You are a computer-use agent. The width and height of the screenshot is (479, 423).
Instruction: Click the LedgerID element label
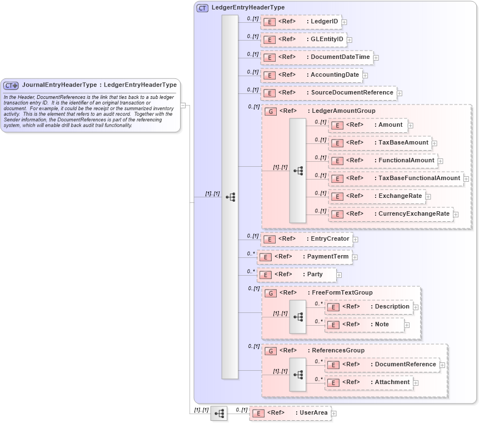tap(325, 22)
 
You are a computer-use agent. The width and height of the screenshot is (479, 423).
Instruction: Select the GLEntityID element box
tap(304, 39)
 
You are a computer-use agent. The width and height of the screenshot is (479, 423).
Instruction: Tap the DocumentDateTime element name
tap(340, 57)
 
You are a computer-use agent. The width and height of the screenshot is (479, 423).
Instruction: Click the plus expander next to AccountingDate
tap(365, 75)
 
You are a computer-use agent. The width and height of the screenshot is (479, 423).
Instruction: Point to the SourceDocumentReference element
tap(329, 93)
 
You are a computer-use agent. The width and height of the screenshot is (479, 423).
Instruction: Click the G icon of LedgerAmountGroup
tap(270, 111)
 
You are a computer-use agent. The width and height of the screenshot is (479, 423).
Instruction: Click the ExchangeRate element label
tap(400, 196)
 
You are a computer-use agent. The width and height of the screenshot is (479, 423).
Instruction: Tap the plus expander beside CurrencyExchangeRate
tap(456, 214)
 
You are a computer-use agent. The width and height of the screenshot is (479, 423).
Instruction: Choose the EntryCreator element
tap(306, 239)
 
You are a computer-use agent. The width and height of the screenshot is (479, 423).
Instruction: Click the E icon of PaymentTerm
tap(266, 257)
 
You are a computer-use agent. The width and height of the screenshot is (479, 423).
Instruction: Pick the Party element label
tap(315, 275)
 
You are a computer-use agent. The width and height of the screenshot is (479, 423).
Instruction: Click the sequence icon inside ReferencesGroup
tap(298, 375)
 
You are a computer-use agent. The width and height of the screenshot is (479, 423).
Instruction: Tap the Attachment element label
tap(392, 382)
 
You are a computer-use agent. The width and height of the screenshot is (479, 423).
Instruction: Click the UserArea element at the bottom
tap(290, 413)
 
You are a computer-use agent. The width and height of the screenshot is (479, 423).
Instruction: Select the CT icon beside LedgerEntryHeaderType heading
tap(202, 8)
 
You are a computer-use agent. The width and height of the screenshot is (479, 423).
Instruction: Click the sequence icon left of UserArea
tap(219, 414)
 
